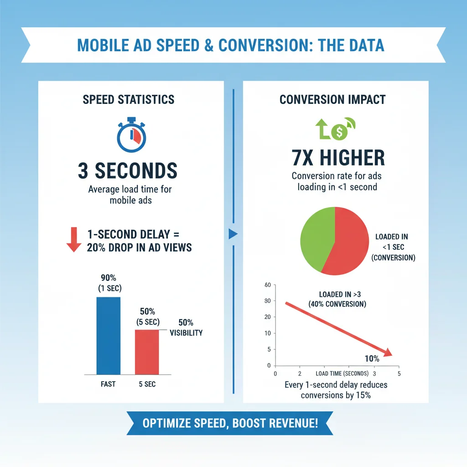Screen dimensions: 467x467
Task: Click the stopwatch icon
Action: pos(131,135)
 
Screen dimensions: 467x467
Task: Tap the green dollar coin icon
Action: pos(339,132)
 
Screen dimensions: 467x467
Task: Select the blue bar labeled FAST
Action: pos(109,336)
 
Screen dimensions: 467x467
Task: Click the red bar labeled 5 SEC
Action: pos(147,352)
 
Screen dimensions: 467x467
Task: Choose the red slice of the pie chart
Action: pos(348,241)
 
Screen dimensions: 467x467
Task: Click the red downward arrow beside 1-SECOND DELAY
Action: pos(74,240)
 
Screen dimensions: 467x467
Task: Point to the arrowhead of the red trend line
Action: pos(388,352)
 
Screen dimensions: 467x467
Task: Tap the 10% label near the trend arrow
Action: pos(372,358)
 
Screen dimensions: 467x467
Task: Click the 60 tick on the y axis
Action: pos(268,285)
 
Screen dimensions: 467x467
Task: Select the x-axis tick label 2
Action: pos(300,374)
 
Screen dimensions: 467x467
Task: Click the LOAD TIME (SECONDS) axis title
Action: pos(342,374)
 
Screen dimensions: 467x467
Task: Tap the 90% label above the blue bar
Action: pos(109,278)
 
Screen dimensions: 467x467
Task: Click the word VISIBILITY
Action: pos(186,333)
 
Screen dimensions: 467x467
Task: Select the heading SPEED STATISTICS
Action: pos(129,99)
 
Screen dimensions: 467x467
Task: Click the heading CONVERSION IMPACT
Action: pos(332,99)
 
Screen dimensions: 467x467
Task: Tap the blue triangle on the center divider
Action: pos(233,234)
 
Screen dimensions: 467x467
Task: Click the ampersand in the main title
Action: pos(209,45)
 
